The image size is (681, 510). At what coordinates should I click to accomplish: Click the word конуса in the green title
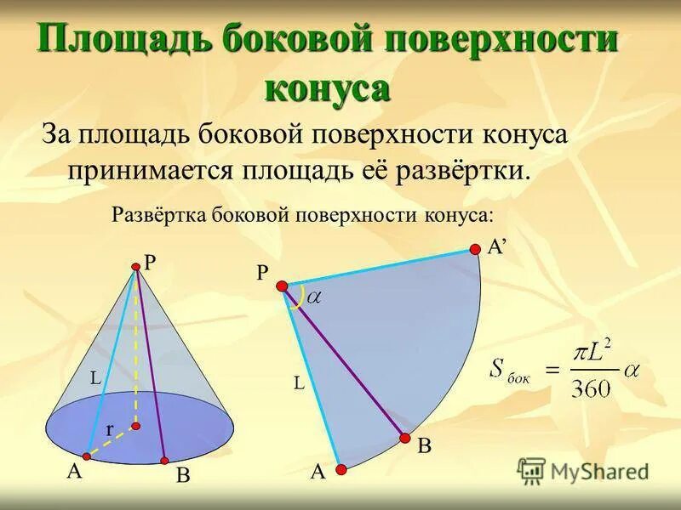point(328,87)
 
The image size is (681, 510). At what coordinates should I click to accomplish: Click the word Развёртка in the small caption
point(157,214)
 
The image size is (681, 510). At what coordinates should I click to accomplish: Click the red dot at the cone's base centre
point(134,426)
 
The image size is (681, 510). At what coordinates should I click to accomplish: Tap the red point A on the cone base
point(86,456)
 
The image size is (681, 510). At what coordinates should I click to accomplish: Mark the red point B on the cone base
point(165,462)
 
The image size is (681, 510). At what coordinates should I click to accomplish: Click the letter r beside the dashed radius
point(110,431)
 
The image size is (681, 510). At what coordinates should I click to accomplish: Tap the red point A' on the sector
point(475,249)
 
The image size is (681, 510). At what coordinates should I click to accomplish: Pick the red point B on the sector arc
point(405,439)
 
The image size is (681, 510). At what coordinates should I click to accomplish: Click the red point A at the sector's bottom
point(340,468)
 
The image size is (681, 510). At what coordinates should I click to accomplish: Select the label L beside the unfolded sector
point(299,384)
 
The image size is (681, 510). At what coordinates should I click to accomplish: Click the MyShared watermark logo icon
point(532,470)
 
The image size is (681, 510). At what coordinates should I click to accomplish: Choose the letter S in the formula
point(498,367)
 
